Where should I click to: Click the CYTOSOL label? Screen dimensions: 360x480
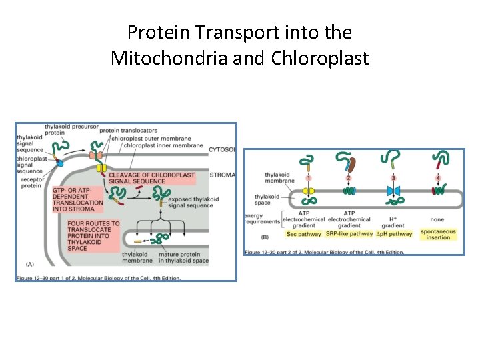(223, 149)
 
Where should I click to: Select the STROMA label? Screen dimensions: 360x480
(223, 175)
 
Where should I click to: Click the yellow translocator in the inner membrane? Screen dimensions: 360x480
(102, 167)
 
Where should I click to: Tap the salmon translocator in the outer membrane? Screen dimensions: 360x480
(99, 155)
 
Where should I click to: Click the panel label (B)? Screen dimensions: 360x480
(265, 236)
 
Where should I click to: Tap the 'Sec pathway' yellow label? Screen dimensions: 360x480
(303, 234)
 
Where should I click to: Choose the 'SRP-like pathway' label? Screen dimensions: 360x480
(349, 234)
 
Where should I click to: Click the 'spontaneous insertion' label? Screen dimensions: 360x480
(437, 234)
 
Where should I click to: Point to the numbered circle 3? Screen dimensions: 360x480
(393, 178)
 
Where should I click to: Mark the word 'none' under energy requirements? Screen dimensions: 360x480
(437, 219)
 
